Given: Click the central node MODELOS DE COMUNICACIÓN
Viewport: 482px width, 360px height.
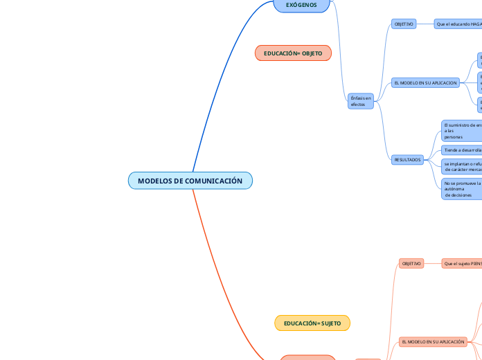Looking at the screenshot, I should [x=190, y=181].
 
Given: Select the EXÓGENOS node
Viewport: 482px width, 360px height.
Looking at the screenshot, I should [x=301, y=6].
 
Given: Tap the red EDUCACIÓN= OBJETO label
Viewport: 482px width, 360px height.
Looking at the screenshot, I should [x=293, y=53].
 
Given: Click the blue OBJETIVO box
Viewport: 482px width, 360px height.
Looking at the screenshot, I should [x=404, y=24].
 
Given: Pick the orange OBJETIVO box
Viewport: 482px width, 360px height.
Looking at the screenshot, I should [x=411, y=264].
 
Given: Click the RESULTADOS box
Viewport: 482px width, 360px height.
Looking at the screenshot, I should [x=407, y=160].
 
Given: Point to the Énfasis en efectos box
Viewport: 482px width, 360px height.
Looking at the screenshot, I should [x=361, y=101].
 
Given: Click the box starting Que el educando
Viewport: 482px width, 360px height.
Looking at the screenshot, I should [x=458, y=24].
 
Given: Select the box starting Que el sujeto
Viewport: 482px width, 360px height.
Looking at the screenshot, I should [x=462, y=264].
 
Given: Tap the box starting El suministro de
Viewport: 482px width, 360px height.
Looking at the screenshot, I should [x=462, y=130].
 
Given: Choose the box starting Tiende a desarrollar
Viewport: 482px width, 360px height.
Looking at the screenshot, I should [x=462, y=150].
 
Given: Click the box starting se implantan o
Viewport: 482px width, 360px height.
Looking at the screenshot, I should [x=462, y=166].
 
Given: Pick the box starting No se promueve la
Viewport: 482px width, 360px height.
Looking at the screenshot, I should [x=462, y=189].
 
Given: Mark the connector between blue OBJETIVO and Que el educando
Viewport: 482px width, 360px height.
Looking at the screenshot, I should [x=425, y=24].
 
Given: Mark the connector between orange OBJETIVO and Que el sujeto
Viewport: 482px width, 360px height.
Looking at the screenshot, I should [x=433, y=264].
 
